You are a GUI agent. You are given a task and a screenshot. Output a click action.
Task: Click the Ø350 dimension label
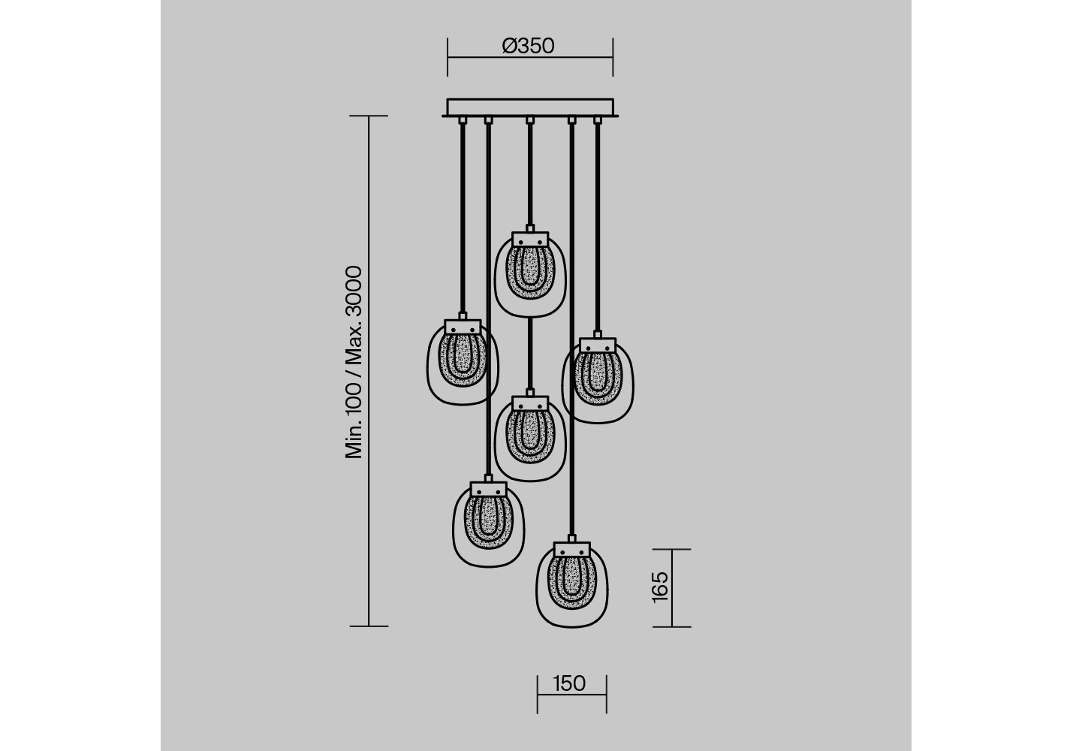point(528,46)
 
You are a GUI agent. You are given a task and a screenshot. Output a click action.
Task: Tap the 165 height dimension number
point(659,587)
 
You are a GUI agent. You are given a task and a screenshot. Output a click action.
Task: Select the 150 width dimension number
point(569,683)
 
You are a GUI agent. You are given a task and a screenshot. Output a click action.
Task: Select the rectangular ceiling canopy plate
point(530,107)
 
